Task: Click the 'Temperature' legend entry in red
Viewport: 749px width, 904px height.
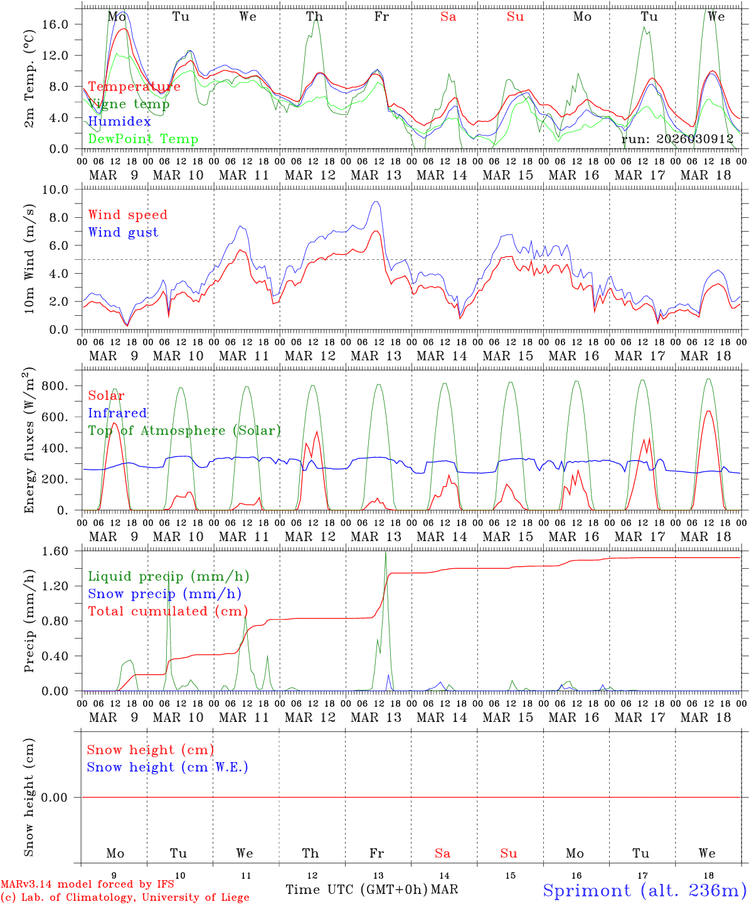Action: (134, 87)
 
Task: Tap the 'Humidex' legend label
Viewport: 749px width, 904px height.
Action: (119, 121)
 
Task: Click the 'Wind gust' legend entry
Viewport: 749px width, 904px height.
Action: (123, 232)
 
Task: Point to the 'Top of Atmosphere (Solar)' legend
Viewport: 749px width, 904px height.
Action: (184, 430)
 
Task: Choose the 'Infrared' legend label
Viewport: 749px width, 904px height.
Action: (117, 412)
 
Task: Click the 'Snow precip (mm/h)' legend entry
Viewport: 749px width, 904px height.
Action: (164, 593)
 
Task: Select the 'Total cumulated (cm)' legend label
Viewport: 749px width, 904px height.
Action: (167, 611)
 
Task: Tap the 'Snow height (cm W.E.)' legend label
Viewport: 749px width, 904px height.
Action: (167, 767)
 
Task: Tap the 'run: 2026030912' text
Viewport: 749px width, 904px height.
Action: (677, 139)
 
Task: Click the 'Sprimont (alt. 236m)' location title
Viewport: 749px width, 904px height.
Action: (644, 890)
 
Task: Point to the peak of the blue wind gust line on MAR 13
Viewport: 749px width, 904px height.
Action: (376, 202)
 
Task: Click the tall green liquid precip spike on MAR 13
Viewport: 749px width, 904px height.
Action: (385, 552)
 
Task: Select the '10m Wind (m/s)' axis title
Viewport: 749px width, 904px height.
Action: (29, 259)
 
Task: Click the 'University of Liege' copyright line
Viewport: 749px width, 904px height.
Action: (125, 897)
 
